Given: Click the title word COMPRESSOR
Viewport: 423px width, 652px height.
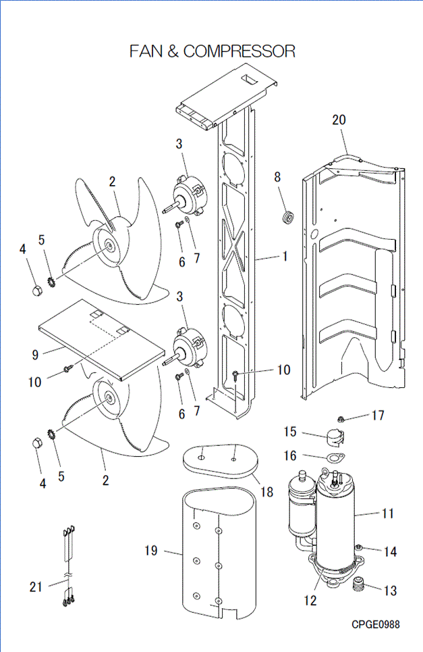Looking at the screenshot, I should pyautogui.click(x=239, y=51).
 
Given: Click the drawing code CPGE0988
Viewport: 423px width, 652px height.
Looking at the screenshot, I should pyautogui.click(x=375, y=624).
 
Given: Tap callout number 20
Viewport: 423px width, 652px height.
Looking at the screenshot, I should pyautogui.click(x=339, y=120).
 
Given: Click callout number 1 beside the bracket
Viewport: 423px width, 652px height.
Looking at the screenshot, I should pyautogui.click(x=285, y=257).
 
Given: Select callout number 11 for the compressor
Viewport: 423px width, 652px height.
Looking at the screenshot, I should pyautogui.click(x=387, y=513).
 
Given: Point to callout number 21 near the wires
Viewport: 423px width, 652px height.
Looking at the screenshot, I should pyautogui.click(x=36, y=586).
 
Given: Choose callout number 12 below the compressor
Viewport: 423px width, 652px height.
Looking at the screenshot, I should pyautogui.click(x=310, y=599).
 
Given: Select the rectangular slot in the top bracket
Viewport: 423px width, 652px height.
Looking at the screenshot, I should pyautogui.click(x=250, y=79).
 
